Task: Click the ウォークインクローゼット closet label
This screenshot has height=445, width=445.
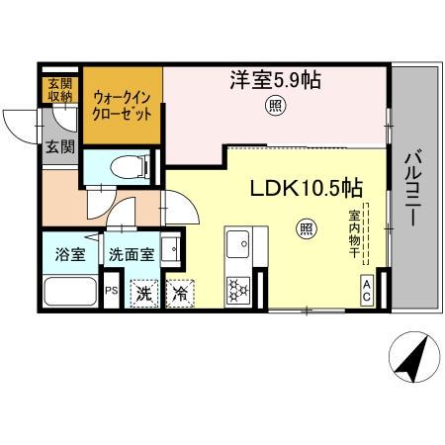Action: pyautogui.click(x=122, y=105)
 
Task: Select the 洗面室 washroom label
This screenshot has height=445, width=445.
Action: pyautogui.click(x=132, y=253)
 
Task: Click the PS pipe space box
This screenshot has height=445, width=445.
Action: pyautogui.click(x=112, y=291)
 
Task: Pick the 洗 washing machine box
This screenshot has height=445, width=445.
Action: pyautogui.click(x=144, y=293)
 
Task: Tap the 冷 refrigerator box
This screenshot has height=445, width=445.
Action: pyautogui.click(x=181, y=293)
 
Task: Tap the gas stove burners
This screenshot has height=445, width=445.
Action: pyautogui.click(x=238, y=289)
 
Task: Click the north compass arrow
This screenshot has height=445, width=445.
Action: pyautogui.click(x=413, y=359)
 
